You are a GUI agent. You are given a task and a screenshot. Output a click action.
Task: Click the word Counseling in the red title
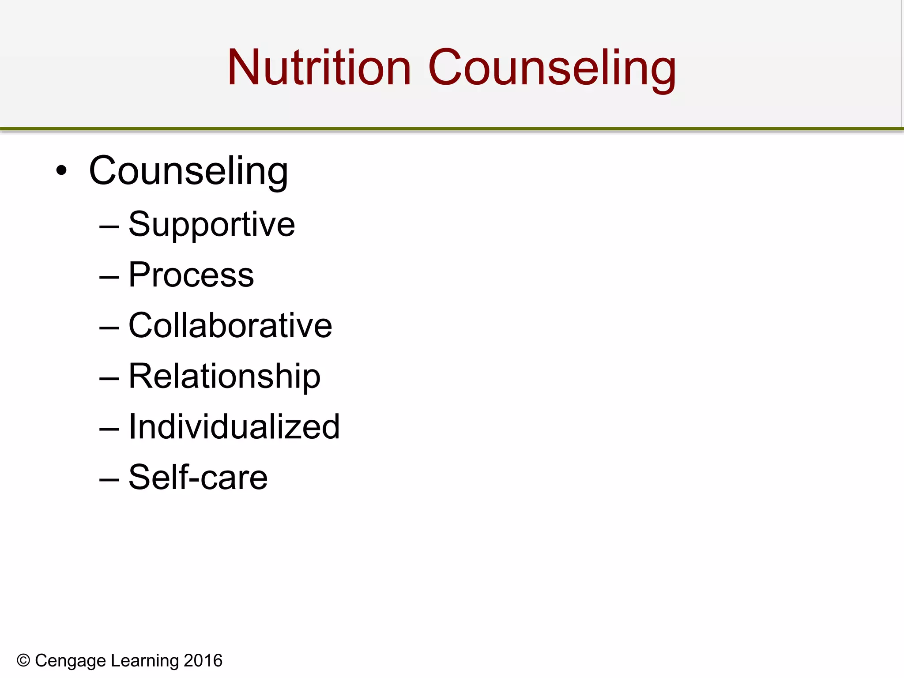552,68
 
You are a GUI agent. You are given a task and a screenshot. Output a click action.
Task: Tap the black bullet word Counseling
188,171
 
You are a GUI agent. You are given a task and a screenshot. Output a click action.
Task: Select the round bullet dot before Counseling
62,171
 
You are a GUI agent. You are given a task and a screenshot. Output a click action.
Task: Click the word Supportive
211,225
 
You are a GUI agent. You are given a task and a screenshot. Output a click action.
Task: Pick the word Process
191,275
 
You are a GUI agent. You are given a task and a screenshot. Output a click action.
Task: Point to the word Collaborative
230,326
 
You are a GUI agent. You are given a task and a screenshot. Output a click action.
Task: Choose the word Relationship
224,377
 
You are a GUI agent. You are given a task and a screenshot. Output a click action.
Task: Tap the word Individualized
234,427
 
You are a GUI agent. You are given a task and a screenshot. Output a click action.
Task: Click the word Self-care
198,478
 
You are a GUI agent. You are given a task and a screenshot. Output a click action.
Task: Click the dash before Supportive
109,227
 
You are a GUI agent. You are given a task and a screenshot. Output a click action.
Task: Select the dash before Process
109,278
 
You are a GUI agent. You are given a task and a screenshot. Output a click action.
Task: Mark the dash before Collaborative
109,328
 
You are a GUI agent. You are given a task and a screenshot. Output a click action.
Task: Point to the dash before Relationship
109,379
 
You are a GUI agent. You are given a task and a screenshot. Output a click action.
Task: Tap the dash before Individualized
109,429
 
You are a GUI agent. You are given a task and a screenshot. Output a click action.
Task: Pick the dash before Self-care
109,480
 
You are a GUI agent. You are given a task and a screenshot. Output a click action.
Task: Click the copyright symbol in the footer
23,661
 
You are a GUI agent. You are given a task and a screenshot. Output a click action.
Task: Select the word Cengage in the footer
71,661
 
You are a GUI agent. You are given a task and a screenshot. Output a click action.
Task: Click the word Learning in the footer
145,661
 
